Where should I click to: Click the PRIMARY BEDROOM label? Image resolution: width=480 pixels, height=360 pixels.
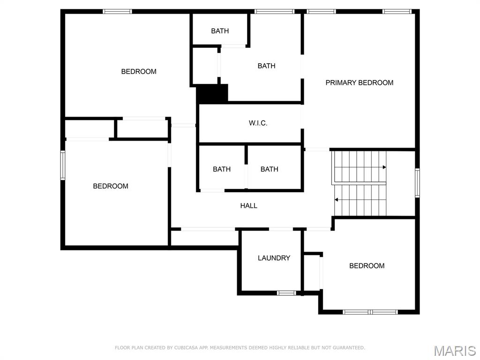359,82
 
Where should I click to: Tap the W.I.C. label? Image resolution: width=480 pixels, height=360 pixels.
258,123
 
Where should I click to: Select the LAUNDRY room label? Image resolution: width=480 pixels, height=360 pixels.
274,258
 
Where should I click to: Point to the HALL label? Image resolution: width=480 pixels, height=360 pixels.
248,205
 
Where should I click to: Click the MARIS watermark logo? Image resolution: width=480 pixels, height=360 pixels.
454,350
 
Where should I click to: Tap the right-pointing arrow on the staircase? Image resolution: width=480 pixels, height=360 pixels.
384,167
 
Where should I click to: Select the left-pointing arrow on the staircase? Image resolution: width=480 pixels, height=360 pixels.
337,200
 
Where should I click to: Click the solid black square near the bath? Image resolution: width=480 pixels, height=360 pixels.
212,93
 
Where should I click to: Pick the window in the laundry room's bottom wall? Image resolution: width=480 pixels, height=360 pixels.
286,293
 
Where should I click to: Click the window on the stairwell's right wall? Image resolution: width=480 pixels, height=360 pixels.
417,183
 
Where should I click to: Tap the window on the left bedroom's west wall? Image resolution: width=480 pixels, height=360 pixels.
62,165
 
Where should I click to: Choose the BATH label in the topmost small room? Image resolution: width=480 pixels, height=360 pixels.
220,31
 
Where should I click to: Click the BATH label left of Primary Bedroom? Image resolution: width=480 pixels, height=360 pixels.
266,66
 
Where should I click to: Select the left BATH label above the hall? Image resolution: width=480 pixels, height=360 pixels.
221,169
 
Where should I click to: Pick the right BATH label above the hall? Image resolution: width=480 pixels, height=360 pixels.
269,169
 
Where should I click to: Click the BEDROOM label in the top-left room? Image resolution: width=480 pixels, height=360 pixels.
139,72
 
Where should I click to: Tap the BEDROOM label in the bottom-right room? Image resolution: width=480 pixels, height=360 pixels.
367,266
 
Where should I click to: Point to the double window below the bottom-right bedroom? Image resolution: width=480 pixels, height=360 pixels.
370,312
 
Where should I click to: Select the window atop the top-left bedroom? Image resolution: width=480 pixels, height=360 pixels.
117,12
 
